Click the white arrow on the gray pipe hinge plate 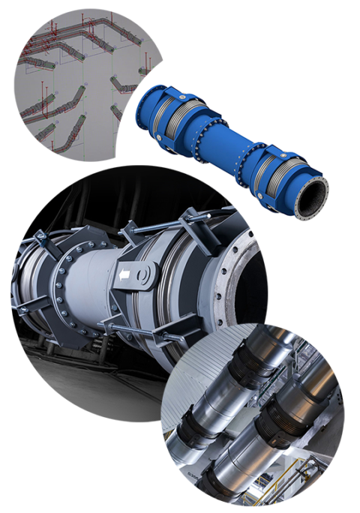point(124,277)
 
